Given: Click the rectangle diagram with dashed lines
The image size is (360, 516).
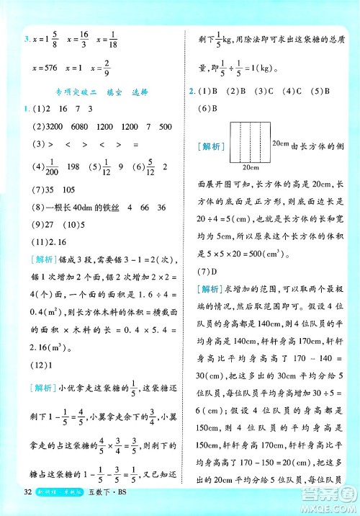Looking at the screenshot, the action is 248,143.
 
